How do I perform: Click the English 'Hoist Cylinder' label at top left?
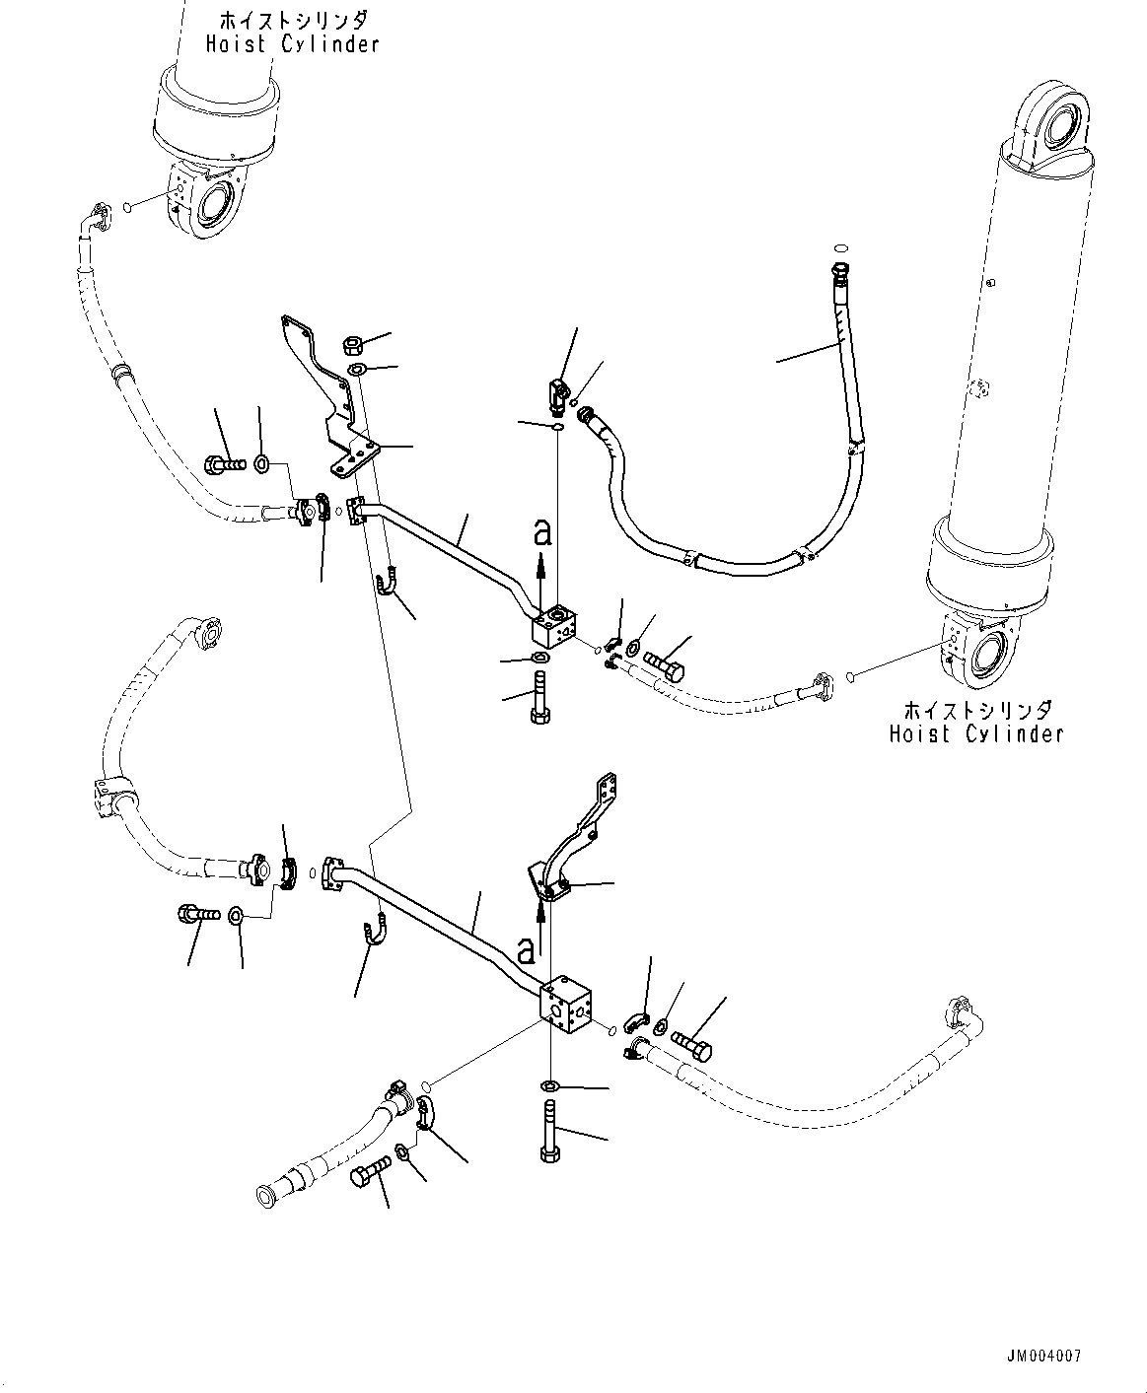tap(292, 44)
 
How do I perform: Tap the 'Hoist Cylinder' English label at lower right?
tap(975, 734)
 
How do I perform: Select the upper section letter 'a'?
tap(540, 533)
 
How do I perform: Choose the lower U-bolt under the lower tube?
tap(372, 931)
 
